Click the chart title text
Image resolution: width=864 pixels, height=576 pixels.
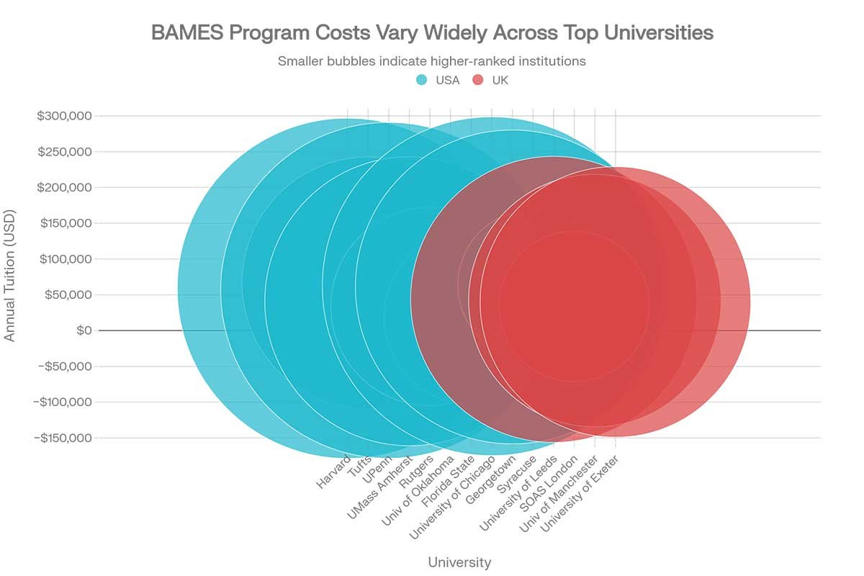click(432, 33)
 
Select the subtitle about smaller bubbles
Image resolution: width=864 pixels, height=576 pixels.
click(432, 61)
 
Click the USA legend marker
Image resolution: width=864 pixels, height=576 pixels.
click(423, 80)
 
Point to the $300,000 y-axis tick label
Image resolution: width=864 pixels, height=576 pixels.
click(64, 116)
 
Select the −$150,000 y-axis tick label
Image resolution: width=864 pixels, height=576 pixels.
click(63, 438)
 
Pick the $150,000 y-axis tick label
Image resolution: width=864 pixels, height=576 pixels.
click(64, 223)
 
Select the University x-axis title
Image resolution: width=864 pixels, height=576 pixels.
click(459, 562)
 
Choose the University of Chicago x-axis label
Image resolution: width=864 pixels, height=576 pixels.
click(451, 498)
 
